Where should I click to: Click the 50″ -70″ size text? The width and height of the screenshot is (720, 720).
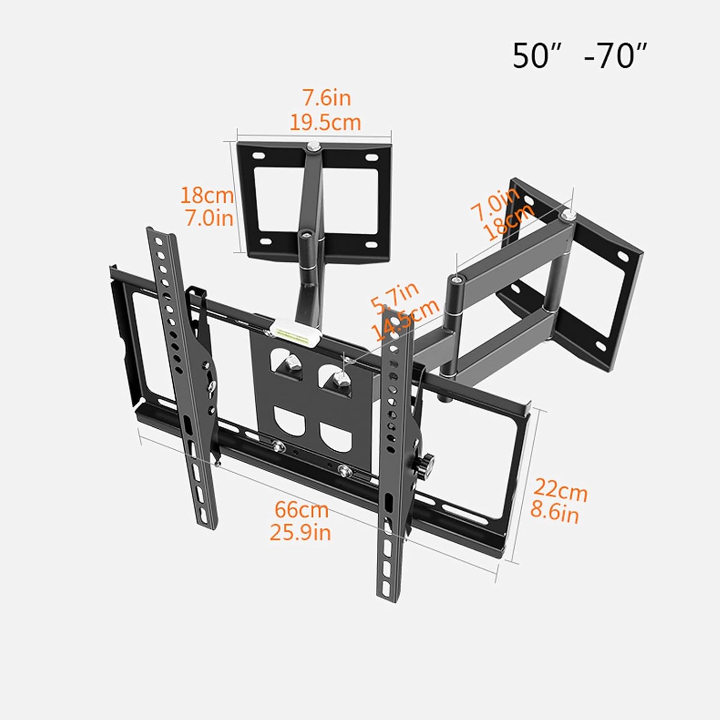[580, 56]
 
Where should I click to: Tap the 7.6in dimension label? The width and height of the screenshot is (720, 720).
[326, 98]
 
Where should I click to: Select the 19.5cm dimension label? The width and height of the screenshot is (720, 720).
[325, 122]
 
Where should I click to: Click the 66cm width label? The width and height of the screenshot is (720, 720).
[301, 509]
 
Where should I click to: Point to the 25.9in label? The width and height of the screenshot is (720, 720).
[300, 532]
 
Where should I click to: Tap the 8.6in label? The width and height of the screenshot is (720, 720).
[554, 513]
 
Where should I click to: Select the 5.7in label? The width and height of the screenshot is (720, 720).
[395, 298]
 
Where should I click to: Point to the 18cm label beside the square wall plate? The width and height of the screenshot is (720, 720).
[207, 195]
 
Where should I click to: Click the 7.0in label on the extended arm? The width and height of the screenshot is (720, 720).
[494, 204]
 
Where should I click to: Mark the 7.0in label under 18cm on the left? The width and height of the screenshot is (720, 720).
[209, 218]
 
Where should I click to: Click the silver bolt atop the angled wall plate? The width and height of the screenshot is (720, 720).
[567, 214]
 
